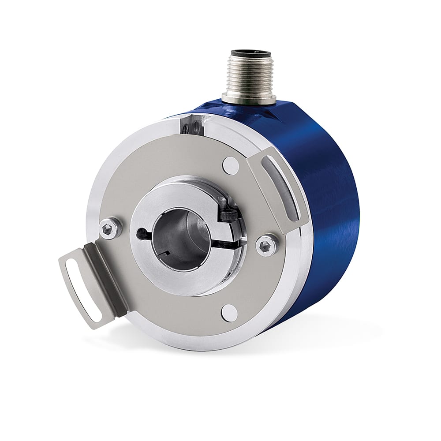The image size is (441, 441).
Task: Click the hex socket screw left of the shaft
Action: pyautogui.click(x=107, y=228)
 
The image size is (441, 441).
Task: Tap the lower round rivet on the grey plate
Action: pyautogui.click(x=228, y=312)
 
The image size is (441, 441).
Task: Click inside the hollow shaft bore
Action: pyautogui.click(x=181, y=238)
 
